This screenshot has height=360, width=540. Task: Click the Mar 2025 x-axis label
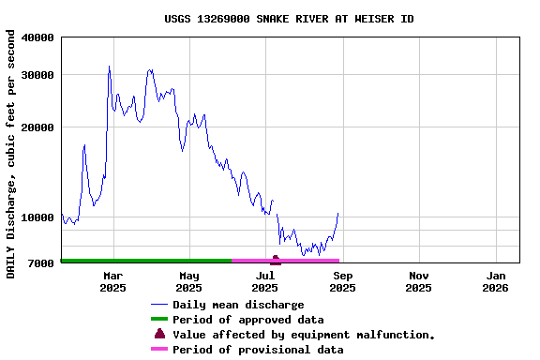point(112,281)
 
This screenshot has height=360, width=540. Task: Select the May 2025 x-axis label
point(189,281)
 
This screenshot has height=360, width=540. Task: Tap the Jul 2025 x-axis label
point(266,281)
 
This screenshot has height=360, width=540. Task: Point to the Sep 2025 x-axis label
point(342,281)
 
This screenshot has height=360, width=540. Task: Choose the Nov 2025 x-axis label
point(419,281)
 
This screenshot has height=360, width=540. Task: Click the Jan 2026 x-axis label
point(496,281)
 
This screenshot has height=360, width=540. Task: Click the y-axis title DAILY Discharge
point(11,154)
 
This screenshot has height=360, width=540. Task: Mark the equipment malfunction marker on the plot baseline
point(276,259)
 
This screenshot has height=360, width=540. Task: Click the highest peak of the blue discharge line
point(109,67)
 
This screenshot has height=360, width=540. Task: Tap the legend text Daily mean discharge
point(238,305)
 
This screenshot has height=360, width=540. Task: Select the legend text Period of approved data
point(247,320)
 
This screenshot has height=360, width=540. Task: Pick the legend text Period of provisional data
point(258,350)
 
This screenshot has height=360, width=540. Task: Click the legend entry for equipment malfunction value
point(304,335)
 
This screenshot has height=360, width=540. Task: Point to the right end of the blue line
point(337,214)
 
